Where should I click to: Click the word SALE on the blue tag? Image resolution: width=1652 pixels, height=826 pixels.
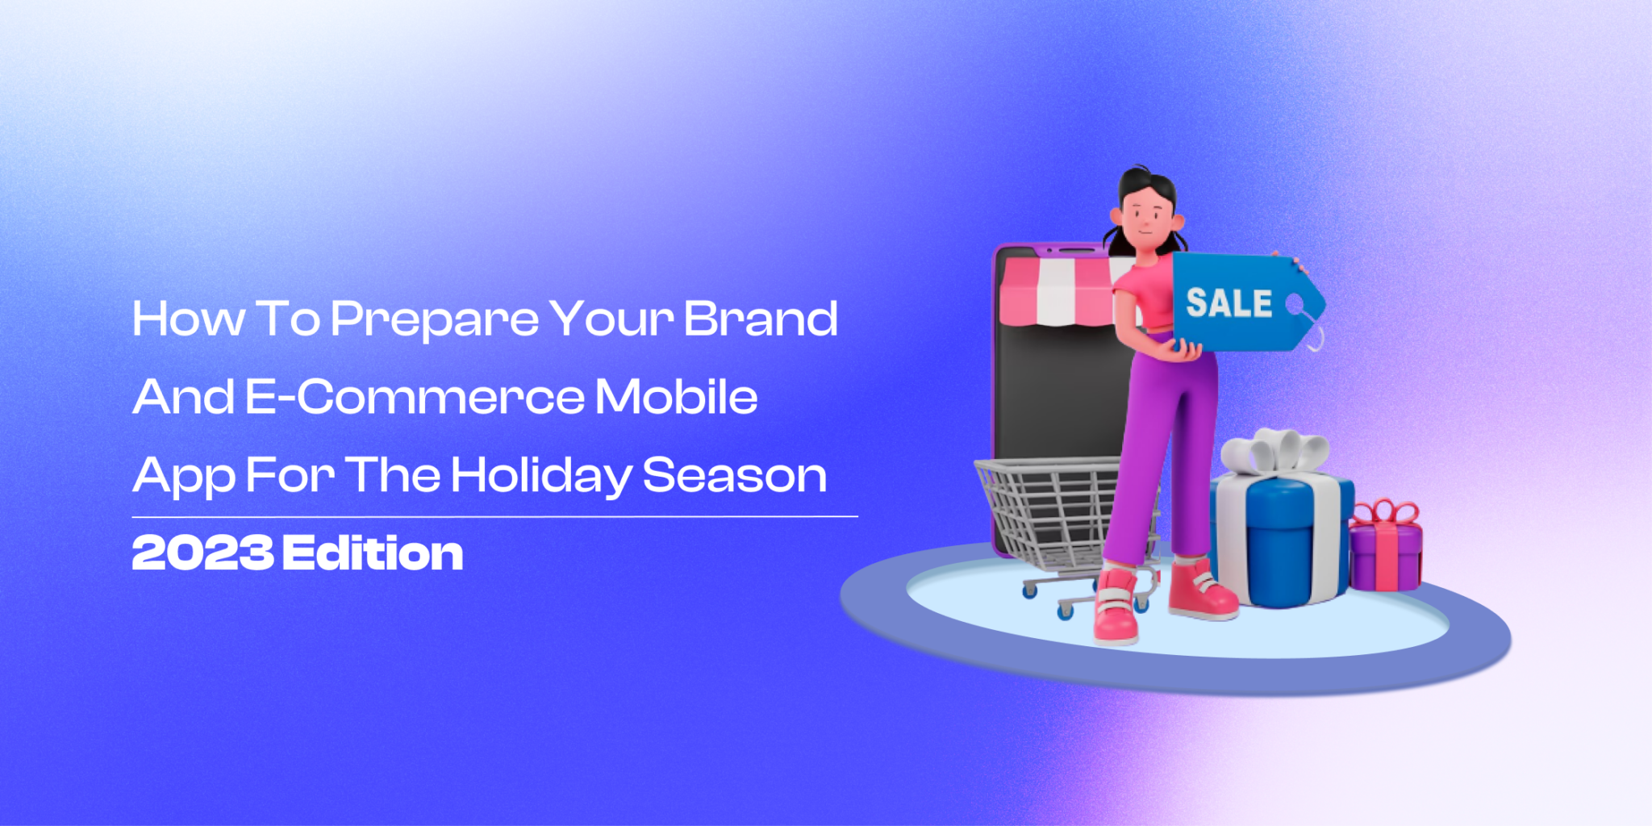pyautogui.click(x=1229, y=302)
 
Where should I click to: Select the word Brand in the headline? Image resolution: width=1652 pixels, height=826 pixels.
pyautogui.click(x=761, y=319)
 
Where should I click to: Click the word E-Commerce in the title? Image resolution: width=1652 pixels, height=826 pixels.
pyautogui.click(x=415, y=397)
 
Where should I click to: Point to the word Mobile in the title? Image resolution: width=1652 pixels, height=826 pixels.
pyautogui.click(x=677, y=396)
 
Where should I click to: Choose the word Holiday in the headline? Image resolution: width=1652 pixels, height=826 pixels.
pyautogui.click(x=541, y=476)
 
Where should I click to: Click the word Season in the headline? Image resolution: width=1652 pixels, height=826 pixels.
pyautogui.click(x=735, y=475)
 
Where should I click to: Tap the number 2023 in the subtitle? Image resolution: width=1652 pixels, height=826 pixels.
pyautogui.click(x=202, y=553)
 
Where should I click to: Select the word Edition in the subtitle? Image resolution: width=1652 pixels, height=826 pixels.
pyautogui.click(x=373, y=553)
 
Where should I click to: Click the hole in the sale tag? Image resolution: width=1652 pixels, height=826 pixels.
pyautogui.click(x=1295, y=305)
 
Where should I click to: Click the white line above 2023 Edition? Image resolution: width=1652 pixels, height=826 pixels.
pyautogui.click(x=494, y=516)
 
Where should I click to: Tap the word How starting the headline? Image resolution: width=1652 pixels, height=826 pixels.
pyautogui.click(x=189, y=319)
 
